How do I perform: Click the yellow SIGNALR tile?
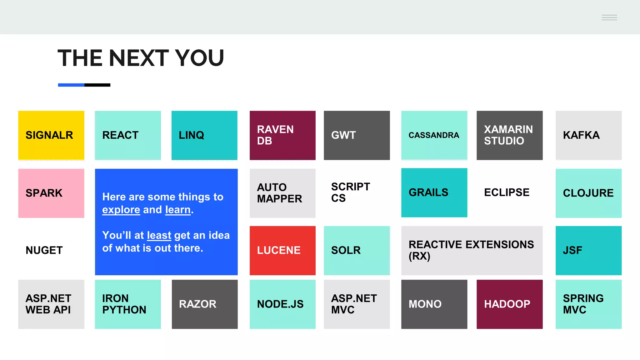(51, 135)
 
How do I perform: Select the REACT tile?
(128, 135)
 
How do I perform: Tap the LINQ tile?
(204, 135)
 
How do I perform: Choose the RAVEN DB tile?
(282, 135)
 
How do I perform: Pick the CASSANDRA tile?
(434, 135)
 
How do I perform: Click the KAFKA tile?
(588, 135)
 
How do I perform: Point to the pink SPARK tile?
(51, 193)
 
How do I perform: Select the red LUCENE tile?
(282, 250)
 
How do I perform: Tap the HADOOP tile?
(509, 304)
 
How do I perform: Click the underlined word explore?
(121, 210)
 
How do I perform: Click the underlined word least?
(159, 235)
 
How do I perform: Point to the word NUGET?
(44, 250)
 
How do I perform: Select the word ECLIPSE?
(507, 192)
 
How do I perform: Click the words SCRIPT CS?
(350, 192)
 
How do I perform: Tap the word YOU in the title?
(199, 58)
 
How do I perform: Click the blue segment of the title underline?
(71, 85)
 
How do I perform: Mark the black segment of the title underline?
(97, 85)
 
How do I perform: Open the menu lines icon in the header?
(609, 17)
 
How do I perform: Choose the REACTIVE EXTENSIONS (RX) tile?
(472, 250)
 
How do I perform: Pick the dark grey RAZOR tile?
(205, 304)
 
